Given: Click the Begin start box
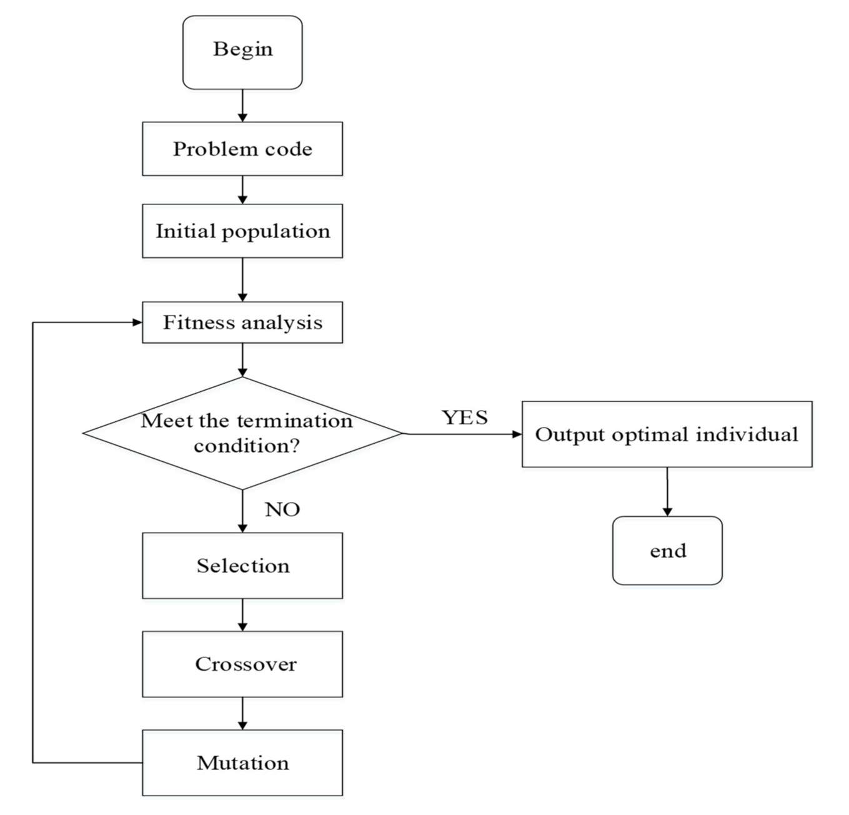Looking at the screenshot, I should pyautogui.click(x=242, y=52).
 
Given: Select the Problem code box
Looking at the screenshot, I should pyautogui.click(x=242, y=149).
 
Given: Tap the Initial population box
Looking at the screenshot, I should pyautogui.click(x=242, y=231).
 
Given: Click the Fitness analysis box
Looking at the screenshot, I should pyautogui.click(x=242, y=322).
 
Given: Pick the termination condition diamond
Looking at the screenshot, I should pyautogui.click(x=242, y=433).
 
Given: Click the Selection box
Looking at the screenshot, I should pyautogui.click(x=242, y=566).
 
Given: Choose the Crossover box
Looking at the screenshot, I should pyautogui.click(x=242, y=664).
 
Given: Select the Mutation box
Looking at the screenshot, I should pyautogui.click(x=242, y=762).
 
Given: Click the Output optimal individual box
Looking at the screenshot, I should pyautogui.click(x=667, y=434).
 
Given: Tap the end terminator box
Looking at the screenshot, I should pyautogui.click(x=667, y=551).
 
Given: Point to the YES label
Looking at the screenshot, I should pyautogui.click(x=465, y=417).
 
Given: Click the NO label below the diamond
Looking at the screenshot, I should pyautogui.click(x=282, y=510).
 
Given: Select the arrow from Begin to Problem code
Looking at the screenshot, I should pyautogui.click(x=242, y=106).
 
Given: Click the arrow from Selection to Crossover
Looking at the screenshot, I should pyautogui.click(x=242, y=615).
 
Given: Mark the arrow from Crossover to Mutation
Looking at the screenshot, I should pyautogui.click(x=242, y=713).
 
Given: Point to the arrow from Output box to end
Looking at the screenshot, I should pyautogui.click(x=667, y=491).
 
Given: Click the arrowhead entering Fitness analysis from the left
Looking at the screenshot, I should pyautogui.click(x=137, y=322).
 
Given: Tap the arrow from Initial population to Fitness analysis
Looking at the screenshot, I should pyautogui.click(x=242, y=279).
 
